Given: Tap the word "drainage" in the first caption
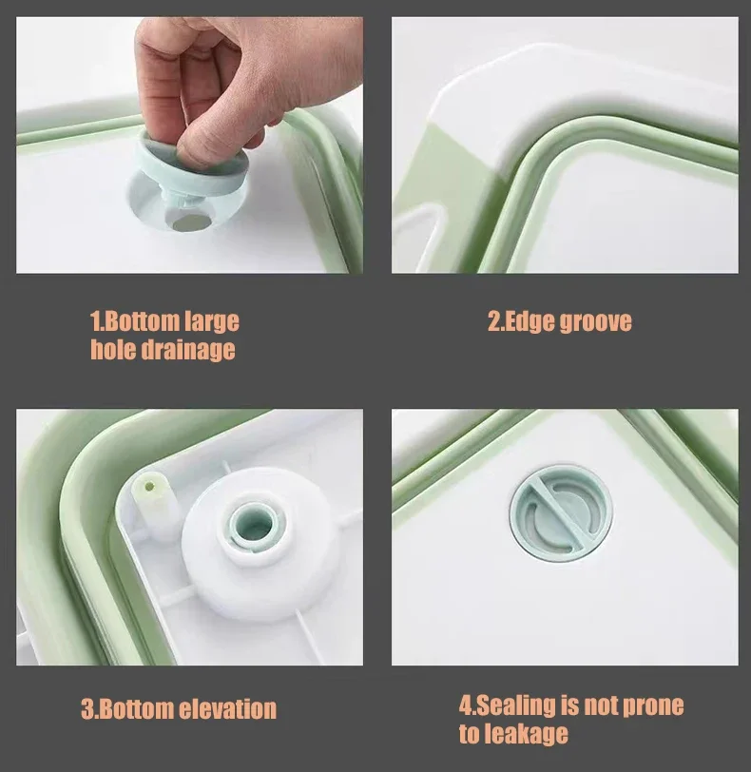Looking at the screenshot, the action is click(x=188, y=350).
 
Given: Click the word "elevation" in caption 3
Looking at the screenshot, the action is click(x=227, y=709).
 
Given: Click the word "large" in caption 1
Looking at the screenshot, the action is click(x=212, y=322).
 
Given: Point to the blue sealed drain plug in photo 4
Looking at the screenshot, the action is click(x=561, y=514).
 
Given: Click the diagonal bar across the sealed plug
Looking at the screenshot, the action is click(x=561, y=513).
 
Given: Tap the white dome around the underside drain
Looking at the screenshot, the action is click(x=260, y=543).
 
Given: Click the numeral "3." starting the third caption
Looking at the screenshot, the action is click(x=87, y=709).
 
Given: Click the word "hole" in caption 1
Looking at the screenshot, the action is click(x=113, y=350).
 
